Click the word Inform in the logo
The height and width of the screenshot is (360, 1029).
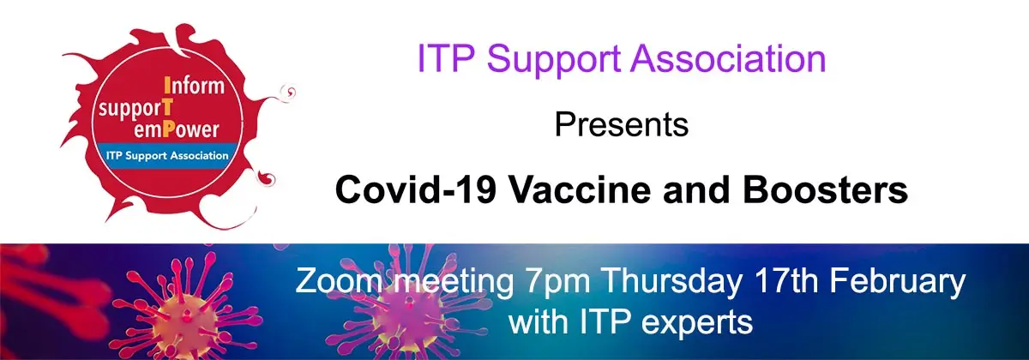pyautogui.click(x=194, y=86)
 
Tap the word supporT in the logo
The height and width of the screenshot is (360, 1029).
pyautogui.click(x=136, y=110)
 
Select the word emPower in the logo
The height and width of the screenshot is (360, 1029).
pyautogui.click(x=176, y=130)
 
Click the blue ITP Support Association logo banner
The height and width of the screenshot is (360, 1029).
pyautogui.click(x=167, y=156)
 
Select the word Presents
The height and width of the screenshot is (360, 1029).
pyautogui.click(x=622, y=124)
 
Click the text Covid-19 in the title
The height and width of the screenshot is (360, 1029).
pyautogui.click(x=416, y=189)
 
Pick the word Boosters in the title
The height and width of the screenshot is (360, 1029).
pyautogui.click(x=825, y=189)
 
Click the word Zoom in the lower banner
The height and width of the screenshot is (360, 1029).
pyautogui.click(x=339, y=280)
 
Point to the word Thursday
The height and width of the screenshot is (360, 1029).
pyautogui.click(x=671, y=282)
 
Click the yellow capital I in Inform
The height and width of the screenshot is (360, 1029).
pyautogui.click(x=167, y=86)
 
